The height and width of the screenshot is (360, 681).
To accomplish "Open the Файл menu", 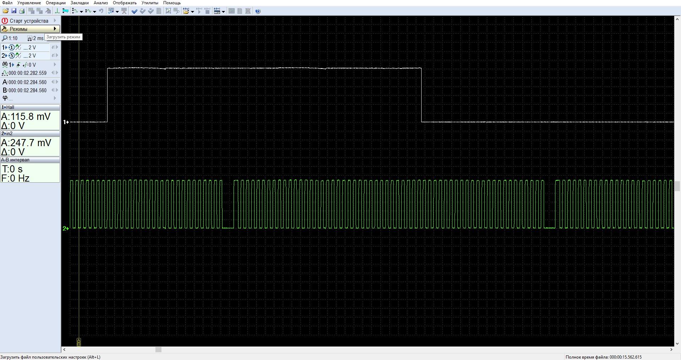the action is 7,3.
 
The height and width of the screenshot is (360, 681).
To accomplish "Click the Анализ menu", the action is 101,3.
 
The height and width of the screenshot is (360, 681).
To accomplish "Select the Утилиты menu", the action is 150,3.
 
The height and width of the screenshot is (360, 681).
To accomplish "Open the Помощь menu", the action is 172,3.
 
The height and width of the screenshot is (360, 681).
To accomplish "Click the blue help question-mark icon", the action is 258,11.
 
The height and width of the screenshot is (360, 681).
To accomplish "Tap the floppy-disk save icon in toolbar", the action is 14,11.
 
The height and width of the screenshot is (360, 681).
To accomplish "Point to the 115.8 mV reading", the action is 26,116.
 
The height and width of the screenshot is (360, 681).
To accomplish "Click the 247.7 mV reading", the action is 26,143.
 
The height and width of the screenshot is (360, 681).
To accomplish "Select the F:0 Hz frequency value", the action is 16,178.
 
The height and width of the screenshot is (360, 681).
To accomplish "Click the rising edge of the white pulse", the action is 108,95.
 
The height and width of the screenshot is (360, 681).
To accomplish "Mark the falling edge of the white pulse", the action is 421,95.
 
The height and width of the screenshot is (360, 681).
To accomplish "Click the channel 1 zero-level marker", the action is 66,122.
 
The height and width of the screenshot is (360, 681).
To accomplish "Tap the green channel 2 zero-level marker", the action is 66,228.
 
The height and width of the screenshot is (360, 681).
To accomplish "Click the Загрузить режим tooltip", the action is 64,37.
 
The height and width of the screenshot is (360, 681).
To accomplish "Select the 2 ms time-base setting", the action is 36,38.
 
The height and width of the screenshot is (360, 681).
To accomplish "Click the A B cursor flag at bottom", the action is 79,342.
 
